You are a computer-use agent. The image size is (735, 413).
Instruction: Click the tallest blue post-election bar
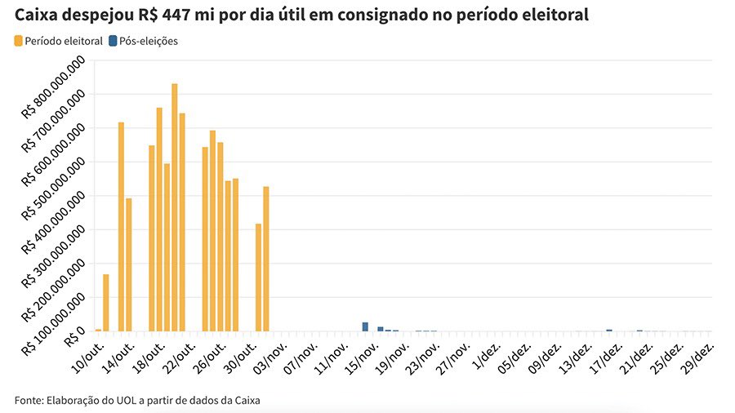click(x=365, y=326)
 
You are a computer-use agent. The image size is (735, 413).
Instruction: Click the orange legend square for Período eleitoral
click(x=19, y=41)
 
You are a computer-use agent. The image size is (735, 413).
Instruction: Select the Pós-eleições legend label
click(x=149, y=41)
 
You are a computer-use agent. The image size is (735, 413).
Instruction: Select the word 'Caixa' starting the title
click(x=37, y=15)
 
